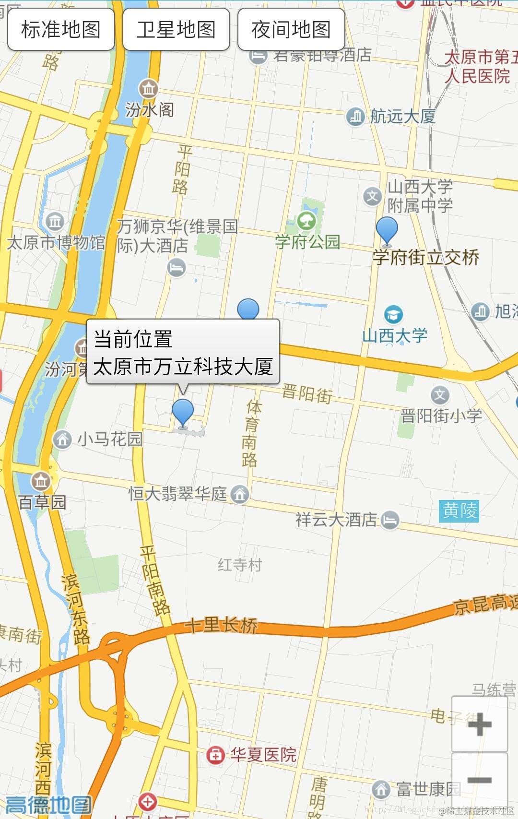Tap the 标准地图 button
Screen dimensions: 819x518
(61, 29)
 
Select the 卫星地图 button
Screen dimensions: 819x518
(176, 29)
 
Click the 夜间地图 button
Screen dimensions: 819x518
(291, 29)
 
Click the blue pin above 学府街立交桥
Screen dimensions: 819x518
(387, 230)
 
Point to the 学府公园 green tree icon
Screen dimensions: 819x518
(306, 221)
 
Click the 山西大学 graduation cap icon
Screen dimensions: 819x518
(394, 315)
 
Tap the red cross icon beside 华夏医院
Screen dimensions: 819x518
(215, 755)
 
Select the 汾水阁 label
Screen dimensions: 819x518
(150, 110)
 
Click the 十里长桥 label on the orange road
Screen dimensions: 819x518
(221, 625)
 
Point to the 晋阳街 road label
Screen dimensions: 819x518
(307, 393)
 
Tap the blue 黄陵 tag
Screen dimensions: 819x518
(459, 511)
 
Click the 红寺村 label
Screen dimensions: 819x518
(240, 565)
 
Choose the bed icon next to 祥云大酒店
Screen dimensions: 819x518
(390, 520)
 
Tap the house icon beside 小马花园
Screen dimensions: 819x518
(62, 439)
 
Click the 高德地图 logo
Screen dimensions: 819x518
(48, 805)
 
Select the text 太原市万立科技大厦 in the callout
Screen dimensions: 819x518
(183, 367)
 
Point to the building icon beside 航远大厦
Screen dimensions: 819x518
(355, 116)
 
